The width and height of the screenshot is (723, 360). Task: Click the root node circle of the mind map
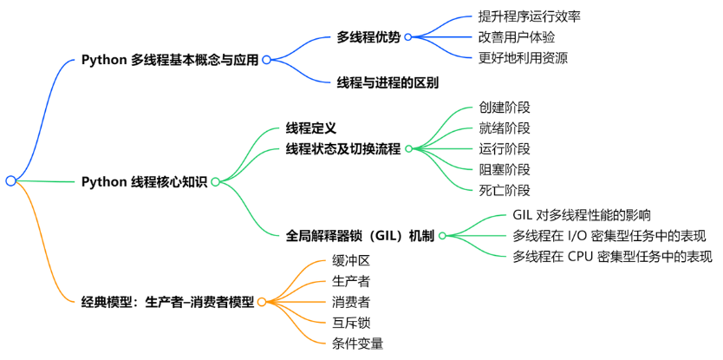(10, 181)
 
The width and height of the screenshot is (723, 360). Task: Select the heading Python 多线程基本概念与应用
(170, 60)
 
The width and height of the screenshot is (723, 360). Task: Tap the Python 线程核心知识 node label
(144, 181)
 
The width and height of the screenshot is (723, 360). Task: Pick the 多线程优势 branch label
(368, 36)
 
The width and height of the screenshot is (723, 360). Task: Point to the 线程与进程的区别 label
(388, 83)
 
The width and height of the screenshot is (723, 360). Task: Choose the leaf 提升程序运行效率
(530, 16)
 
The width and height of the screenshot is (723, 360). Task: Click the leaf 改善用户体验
(517, 37)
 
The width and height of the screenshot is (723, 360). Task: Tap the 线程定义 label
(310, 128)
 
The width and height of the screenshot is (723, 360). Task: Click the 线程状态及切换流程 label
(343, 149)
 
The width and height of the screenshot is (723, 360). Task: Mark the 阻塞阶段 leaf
(504, 169)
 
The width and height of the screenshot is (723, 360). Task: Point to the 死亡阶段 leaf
(504, 190)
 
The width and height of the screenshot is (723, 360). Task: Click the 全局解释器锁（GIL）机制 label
(360, 234)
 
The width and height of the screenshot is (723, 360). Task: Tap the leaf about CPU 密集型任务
(612, 256)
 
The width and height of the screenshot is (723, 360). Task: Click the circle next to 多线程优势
(407, 36)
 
